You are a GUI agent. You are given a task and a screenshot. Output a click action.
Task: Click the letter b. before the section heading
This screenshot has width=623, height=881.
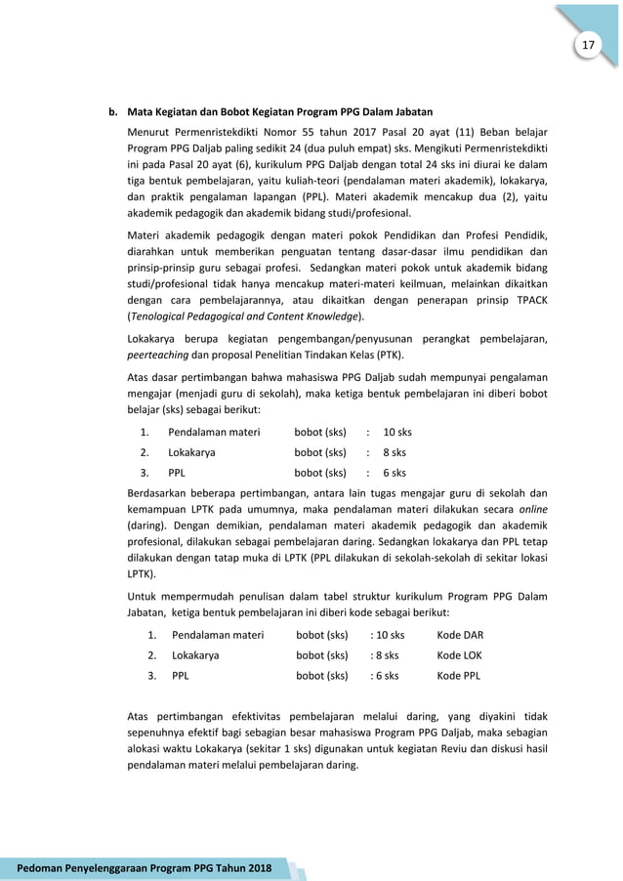click(112, 110)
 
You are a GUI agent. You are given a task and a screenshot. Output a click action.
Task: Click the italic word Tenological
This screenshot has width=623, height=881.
click(163, 317)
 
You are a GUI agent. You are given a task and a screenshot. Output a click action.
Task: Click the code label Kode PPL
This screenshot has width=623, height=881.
click(459, 675)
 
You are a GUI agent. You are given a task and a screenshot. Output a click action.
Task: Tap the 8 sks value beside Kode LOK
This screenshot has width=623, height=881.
click(386, 654)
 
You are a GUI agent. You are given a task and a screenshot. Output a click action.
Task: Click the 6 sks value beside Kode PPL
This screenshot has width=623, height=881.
click(386, 675)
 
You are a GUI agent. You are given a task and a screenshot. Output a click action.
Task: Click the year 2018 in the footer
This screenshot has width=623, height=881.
click(252, 868)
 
